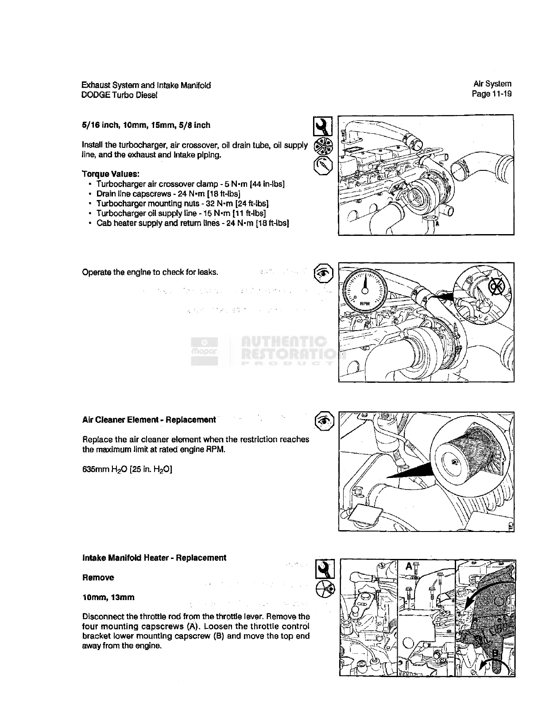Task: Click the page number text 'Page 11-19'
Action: pos(492,94)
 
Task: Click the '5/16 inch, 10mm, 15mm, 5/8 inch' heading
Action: pos(146,125)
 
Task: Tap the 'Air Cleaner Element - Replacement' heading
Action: pos(149,420)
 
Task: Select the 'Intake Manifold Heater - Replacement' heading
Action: pos(154,558)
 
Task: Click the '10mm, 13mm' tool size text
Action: pos(108,597)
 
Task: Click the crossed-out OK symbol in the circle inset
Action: pos(494,288)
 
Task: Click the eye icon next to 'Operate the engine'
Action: pos(323,273)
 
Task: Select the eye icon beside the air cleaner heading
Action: pos(324,420)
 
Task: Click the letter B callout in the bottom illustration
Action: pos(496,652)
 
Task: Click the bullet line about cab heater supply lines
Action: pos(193,223)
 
